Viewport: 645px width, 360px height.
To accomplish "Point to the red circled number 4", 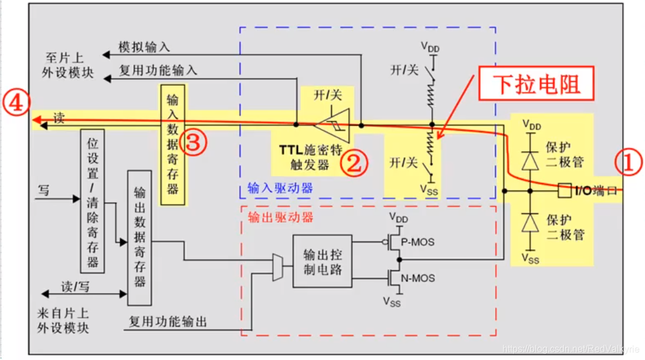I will pyautogui.click(x=14, y=104).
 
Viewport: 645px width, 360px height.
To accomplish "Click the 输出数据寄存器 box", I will pyautogui.click(x=139, y=237).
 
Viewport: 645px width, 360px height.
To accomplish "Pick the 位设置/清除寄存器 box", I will pyautogui.click(x=93, y=201).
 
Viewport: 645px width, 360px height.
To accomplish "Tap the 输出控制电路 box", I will pyautogui.click(x=322, y=261).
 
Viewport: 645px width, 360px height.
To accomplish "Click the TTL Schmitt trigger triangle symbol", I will pyautogui.click(x=333, y=125).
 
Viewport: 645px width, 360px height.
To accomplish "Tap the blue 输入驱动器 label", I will pyautogui.click(x=280, y=188).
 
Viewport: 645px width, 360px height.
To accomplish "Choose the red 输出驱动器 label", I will pyautogui.click(x=280, y=218).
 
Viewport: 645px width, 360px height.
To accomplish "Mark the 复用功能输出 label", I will pyautogui.click(x=168, y=321).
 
